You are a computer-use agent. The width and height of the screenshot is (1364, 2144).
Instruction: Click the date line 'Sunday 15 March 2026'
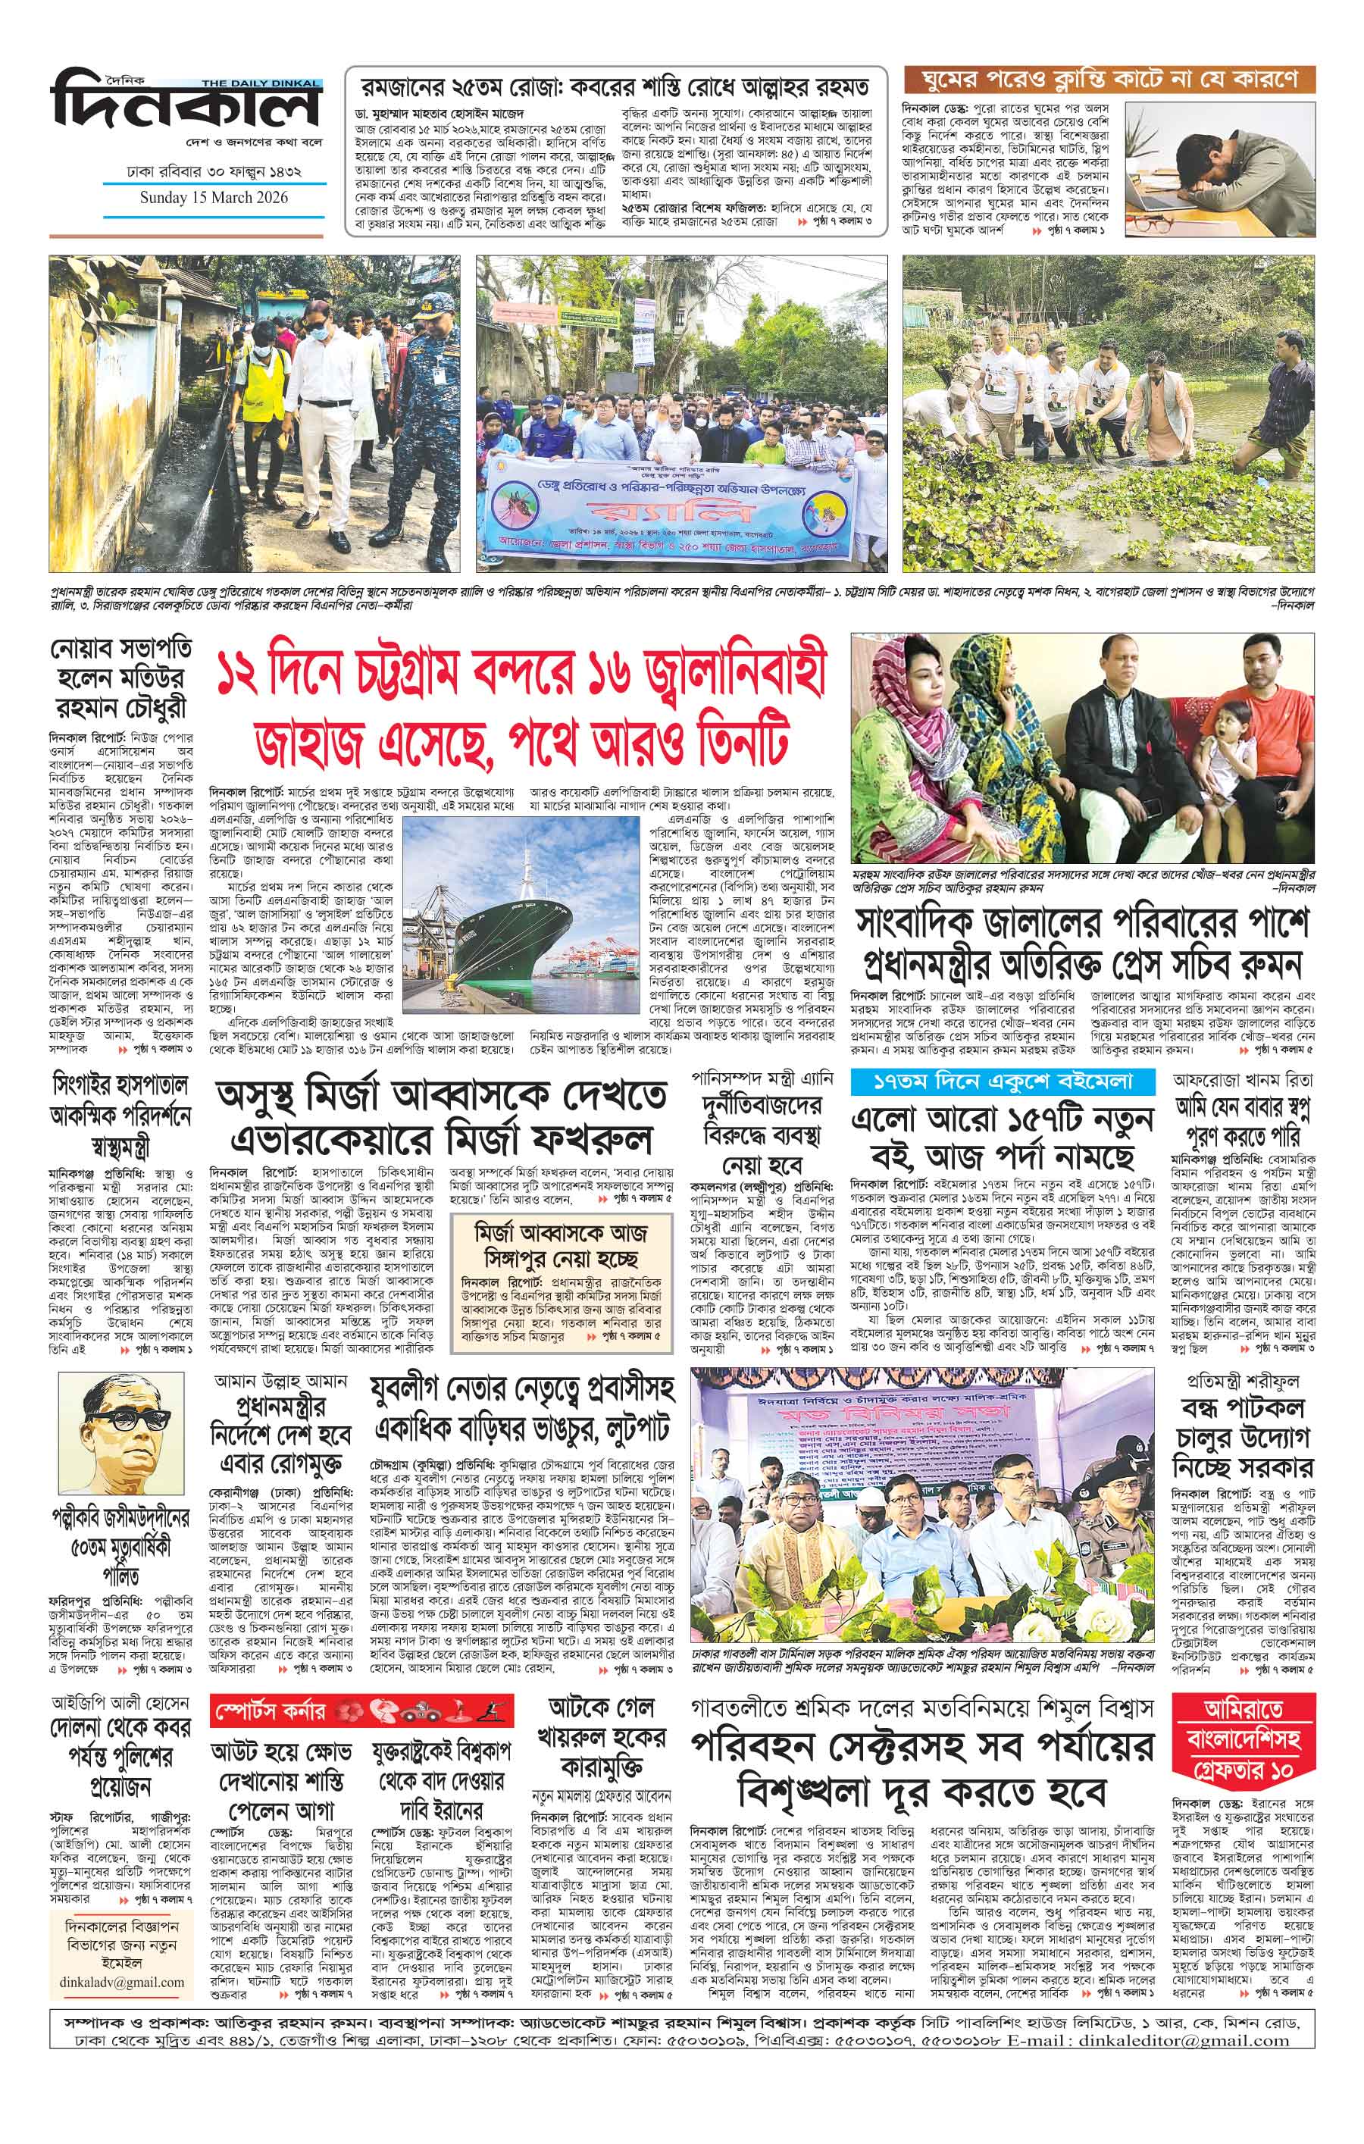coord(213,198)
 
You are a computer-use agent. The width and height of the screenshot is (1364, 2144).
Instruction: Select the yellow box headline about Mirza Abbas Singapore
coord(561,1244)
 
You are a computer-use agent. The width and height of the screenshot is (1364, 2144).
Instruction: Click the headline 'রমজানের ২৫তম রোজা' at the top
coord(615,87)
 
